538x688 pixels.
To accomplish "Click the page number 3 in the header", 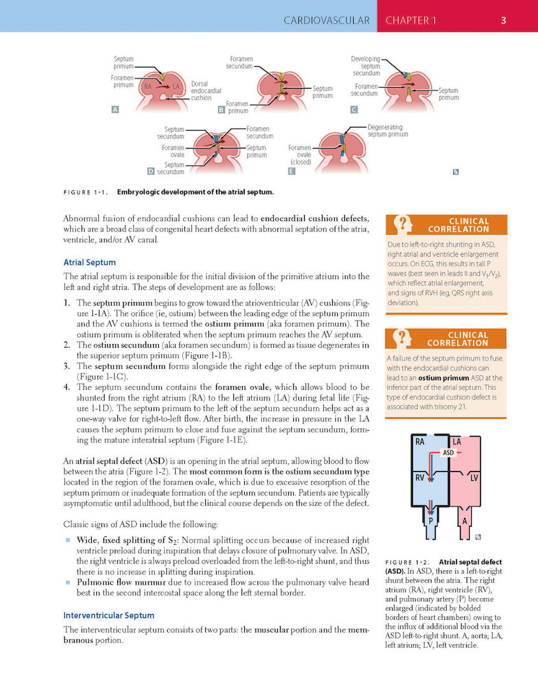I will click(x=503, y=20).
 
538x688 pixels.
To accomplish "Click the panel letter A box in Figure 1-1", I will click(x=115, y=109).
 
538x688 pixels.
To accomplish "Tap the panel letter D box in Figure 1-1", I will click(x=150, y=171).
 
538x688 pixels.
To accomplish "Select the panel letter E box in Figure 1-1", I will click(x=291, y=171).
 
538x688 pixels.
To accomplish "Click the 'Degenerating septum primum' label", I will click(x=388, y=131).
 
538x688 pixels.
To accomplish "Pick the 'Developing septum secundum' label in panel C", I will click(x=366, y=66).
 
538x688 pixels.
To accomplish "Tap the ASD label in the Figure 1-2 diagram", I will click(x=449, y=453).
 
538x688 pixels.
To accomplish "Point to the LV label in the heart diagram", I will click(x=475, y=477).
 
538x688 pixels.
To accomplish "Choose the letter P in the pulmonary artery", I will click(x=431, y=520).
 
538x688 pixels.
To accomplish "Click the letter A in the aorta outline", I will click(x=464, y=520).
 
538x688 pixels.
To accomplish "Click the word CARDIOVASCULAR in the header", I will click(x=326, y=20).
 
